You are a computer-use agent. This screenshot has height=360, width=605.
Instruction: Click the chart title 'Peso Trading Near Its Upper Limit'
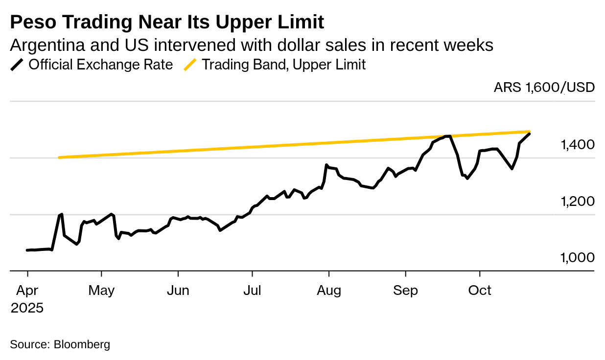(167, 22)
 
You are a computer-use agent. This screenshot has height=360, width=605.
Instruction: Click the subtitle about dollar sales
(251, 45)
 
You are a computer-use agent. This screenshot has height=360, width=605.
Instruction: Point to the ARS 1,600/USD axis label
(544, 88)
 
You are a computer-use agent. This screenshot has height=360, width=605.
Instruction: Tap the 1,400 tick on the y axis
(578, 144)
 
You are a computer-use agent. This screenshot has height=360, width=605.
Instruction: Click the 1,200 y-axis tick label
(578, 201)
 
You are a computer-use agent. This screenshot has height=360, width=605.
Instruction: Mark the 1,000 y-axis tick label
(578, 257)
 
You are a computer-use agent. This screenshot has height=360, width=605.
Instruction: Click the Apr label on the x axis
(27, 291)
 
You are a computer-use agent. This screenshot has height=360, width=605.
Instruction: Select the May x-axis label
(101, 291)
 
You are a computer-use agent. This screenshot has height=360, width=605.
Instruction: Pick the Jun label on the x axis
(178, 291)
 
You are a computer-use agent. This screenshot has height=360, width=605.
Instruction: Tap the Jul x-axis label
(252, 291)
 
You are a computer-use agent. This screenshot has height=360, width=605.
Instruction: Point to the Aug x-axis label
(328, 291)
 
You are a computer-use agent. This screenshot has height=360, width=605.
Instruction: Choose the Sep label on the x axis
(405, 291)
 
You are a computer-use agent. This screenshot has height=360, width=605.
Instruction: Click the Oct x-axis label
(480, 291)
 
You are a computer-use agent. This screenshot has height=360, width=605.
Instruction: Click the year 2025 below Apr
(27, 308)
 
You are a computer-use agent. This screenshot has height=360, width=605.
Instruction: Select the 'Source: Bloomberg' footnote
(60, 344)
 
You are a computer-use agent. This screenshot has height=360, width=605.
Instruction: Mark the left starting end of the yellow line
(59, 157)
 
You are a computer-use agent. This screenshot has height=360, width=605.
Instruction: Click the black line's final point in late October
(529, 134)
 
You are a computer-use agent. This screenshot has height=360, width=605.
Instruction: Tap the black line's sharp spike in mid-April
(61, 214)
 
